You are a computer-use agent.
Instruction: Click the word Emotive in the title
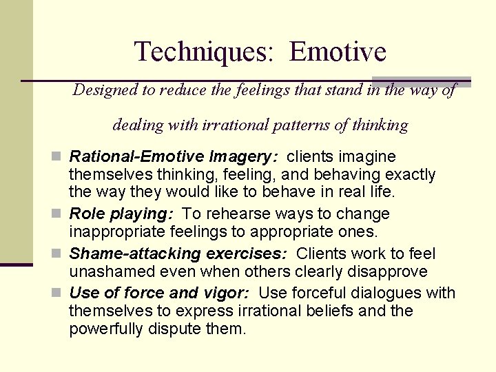(x=338, y=52)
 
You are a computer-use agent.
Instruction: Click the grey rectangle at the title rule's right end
(x=422, y=81)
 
